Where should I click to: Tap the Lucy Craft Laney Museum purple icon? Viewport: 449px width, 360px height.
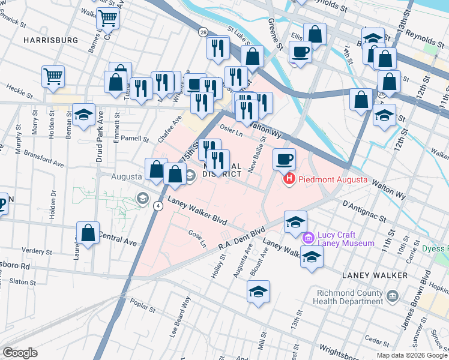309,238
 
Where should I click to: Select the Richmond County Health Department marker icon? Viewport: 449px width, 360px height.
393,296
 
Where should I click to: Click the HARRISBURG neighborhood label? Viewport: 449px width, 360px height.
51,40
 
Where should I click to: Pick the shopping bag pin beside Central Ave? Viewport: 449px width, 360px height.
88,234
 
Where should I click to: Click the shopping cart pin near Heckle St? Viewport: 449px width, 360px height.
53,77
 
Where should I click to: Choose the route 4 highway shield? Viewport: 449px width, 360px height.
158,205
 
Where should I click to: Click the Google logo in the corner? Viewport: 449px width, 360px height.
20,352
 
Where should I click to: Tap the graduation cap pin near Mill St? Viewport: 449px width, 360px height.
259,292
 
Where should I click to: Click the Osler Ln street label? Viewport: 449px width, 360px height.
231,131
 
